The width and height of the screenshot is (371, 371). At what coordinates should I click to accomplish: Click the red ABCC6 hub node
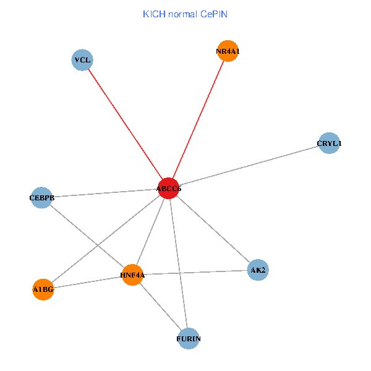click(x=169, y=188)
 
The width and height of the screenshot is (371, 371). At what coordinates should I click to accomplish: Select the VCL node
click(x=82, y=60)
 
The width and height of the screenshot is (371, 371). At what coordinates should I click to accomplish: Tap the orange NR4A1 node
click(x=228, y=52)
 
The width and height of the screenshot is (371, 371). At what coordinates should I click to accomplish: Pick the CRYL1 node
click(x=329, y=143)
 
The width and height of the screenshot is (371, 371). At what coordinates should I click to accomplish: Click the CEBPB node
click(x=41, y=198)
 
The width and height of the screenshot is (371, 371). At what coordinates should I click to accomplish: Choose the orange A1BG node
click(x=43, y=289)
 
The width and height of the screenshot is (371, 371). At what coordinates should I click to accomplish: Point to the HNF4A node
click(x=132, y=275)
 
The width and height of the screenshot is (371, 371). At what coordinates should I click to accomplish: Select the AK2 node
click(x=258, y=270)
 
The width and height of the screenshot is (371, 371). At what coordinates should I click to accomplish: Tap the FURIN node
click(x=189, y=339)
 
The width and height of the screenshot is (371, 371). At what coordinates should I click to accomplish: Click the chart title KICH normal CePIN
click(x=185, y=14)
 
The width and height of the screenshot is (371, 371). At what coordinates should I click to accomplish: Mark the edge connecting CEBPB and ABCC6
click(x=105, y=193)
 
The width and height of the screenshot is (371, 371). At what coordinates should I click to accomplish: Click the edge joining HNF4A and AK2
click(x=195, y=272)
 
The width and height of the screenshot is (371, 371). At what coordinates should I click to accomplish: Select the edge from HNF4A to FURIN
click(x=160, y=307)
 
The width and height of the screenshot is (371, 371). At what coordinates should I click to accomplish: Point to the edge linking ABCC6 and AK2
click(x=213, y=229)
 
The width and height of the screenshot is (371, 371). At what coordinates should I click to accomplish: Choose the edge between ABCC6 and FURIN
click(x=179, y=263)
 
